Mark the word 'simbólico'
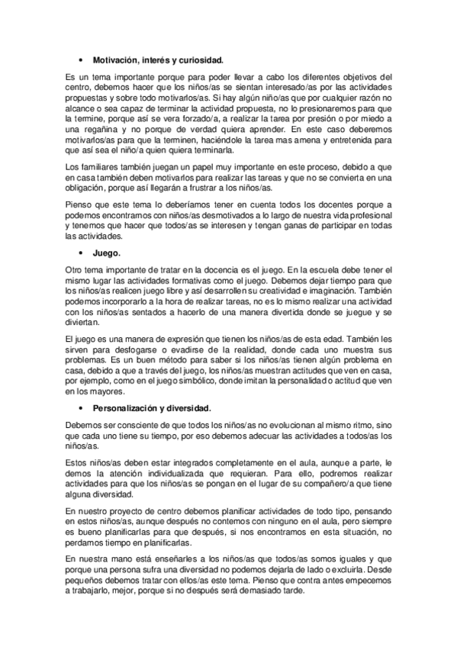216,375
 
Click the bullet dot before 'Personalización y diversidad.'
80,409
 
